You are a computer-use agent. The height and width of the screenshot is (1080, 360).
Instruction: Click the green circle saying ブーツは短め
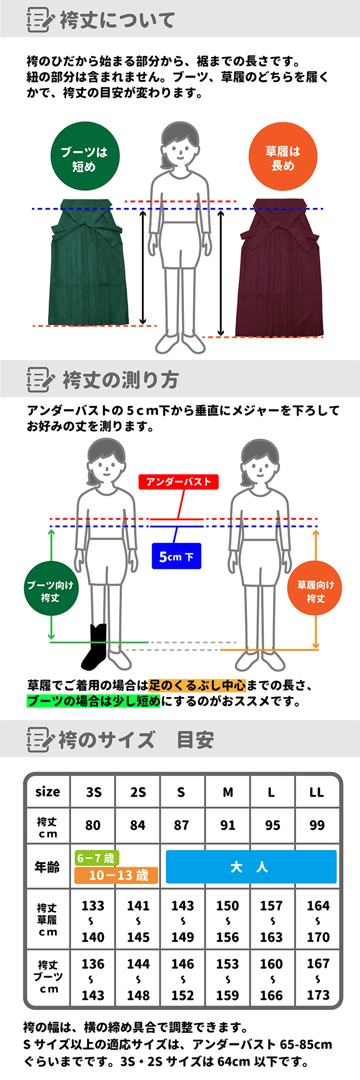point(85,156)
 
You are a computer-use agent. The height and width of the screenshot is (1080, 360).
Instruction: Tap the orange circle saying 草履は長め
point(283,156)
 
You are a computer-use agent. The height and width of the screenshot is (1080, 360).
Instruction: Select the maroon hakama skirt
point(280,267)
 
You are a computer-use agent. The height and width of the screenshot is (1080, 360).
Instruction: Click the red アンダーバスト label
point(178,482)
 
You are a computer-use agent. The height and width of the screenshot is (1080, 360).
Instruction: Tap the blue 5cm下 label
point(176,556)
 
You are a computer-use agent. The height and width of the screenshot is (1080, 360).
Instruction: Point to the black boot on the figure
point(95,647)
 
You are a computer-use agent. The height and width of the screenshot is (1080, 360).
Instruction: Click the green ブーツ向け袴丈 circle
point(50,591)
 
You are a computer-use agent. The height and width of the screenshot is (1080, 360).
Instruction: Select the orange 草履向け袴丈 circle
point(315,591)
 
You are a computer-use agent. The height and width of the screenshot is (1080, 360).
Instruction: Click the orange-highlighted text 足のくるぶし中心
point(197,685)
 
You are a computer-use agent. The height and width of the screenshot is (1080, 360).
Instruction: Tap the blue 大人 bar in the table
point(251,866)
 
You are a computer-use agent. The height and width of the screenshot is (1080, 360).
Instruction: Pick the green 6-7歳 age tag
point(96,858)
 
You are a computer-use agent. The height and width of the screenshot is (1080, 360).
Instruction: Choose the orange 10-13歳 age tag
point(116,875)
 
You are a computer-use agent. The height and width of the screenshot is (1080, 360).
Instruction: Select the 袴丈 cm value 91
point(228,825)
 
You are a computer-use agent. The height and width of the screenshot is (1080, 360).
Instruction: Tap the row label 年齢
point(47,867)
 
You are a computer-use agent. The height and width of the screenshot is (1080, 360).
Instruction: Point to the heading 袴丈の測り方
point(120,380)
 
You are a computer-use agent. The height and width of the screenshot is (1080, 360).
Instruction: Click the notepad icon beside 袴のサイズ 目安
point(39,739)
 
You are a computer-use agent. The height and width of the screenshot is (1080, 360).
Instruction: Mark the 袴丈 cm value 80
point(93,825)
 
